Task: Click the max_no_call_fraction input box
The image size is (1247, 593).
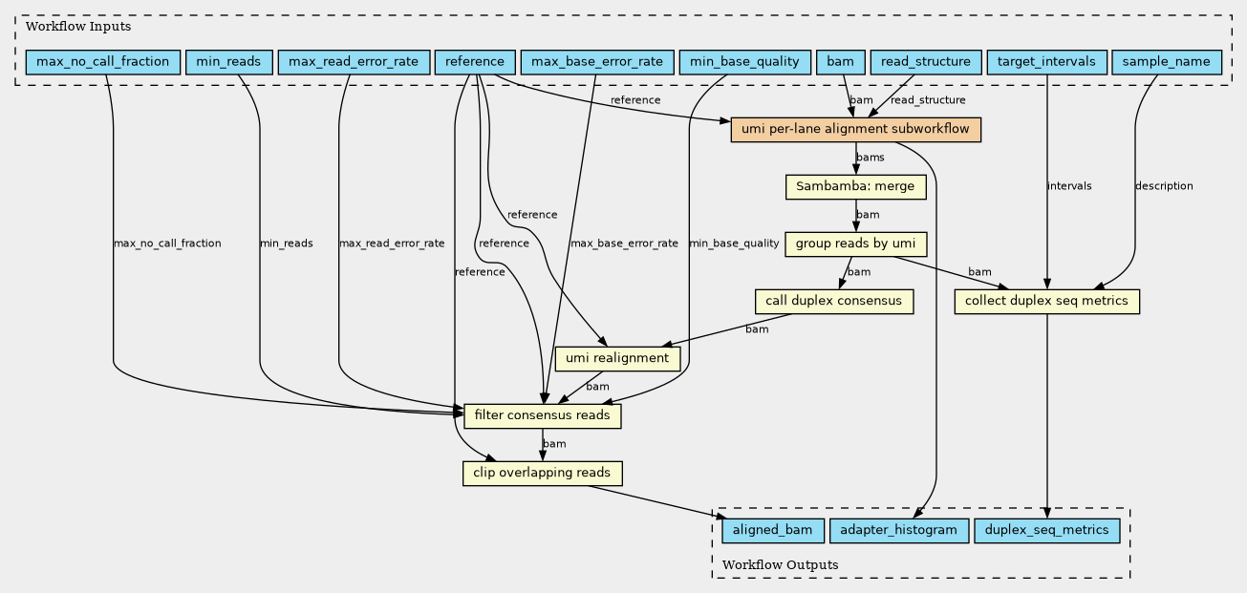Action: pos(103,62)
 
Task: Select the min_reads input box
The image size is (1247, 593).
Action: pos(228,62)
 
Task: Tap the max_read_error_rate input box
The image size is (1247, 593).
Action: pos(354,62)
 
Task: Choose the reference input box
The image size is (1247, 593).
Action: pos(475,62)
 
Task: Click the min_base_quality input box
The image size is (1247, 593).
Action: pos(745,62)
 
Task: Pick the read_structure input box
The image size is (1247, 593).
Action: pos(926,62)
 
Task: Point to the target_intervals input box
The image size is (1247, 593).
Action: pos(1046,62)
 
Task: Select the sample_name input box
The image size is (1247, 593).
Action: pos(1167,62)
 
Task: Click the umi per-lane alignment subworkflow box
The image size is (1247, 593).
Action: pos(855,130)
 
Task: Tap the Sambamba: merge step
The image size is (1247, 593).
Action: pos(855,187)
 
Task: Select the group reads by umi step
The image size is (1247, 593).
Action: pos(855,244)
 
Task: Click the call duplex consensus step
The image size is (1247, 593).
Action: pos(834,302)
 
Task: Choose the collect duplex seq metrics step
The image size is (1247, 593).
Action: pos(1046,302)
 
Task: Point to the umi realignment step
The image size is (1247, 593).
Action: pos(617,359)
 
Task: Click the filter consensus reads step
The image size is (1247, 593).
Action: pos(542,416)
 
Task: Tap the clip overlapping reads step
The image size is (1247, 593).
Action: pos(542,474)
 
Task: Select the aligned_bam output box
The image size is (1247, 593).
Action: pos(773,531)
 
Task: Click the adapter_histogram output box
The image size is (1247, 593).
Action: pos(899,531)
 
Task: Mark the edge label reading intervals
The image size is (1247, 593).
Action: pos(1069,186)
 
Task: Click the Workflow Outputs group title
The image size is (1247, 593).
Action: pos(780,565)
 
